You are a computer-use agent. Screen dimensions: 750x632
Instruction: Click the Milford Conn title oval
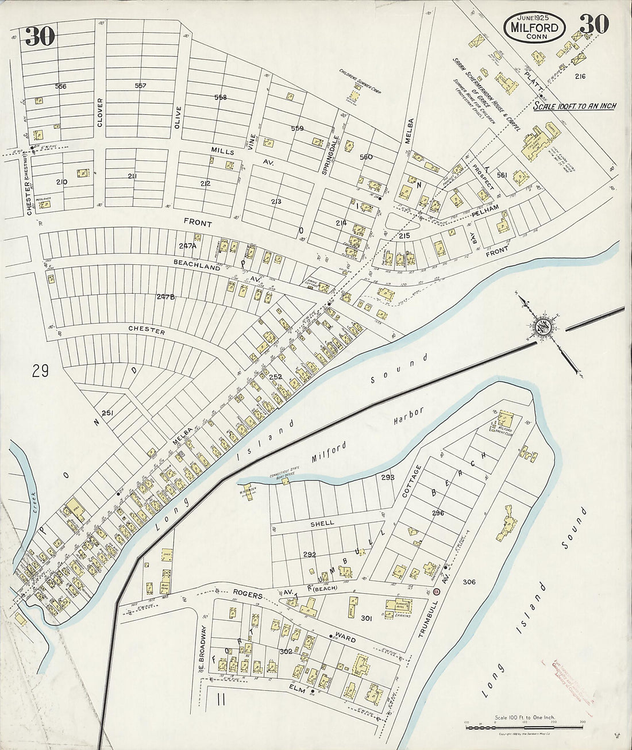535,27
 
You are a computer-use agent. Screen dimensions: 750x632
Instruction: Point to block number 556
60,86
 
